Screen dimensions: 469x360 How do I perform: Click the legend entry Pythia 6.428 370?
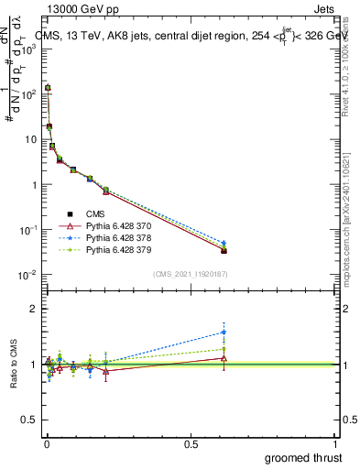(x=115, y=225)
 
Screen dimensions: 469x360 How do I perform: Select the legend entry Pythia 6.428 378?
(x=115, y=237)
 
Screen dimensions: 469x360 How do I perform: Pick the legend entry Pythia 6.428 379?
(x=115, y=249)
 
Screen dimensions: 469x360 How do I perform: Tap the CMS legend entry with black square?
(x=93, y=213)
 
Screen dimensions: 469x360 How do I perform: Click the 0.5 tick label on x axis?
(x=191, y=443)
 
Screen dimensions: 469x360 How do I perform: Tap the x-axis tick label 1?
(x=336, y=443)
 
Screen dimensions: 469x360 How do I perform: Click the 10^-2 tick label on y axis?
(x=27, y=275)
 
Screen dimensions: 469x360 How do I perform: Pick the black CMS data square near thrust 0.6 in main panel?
(x=224, y=250)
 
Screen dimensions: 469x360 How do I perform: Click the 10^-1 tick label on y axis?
(x=27, y=230)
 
